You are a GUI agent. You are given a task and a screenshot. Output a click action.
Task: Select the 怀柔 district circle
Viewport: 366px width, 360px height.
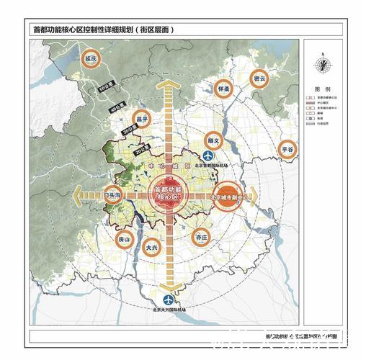pyautogui.click(x=223, y=89)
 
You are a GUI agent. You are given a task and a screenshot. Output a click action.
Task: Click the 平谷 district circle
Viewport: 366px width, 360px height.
pyautogui.click(x=288, y=149)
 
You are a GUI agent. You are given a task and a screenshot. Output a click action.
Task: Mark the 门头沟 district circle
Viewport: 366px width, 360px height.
pyautogui.click(x=113, y=195)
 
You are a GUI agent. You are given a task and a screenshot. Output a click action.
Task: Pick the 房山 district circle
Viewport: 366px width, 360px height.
pyautogui.click(x=125, y=238)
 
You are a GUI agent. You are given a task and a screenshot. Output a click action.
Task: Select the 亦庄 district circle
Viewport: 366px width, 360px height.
pyautogui.click(x=201, y=235)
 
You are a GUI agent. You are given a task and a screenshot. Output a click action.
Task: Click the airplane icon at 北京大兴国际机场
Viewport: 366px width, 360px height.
pyautogui.click(x=168, y=298)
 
